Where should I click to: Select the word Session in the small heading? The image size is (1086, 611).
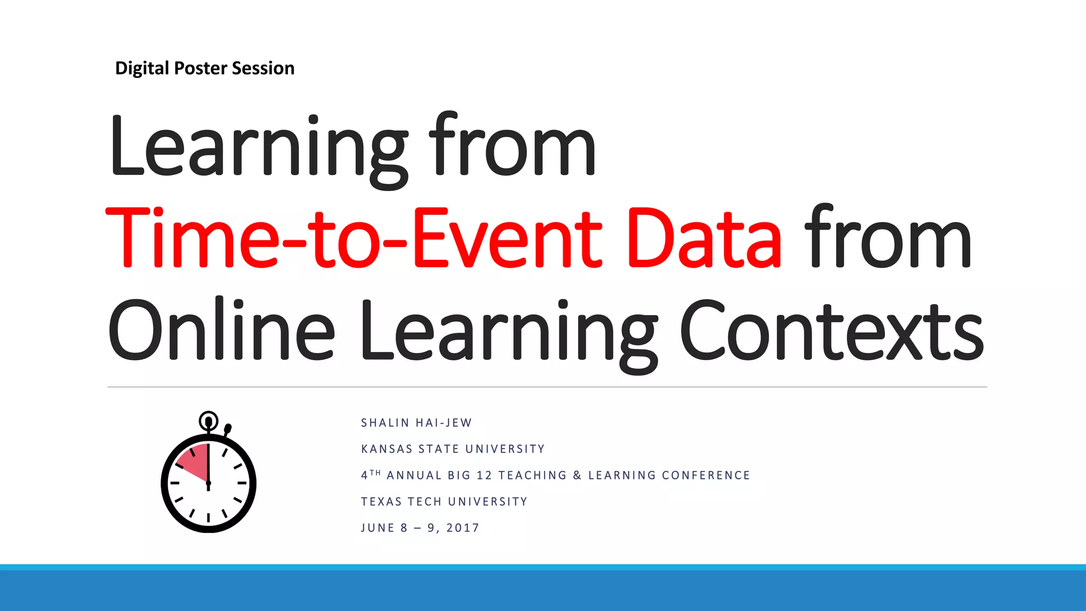[x=263, y=68]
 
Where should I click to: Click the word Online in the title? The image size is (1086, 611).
[x=221, y=330]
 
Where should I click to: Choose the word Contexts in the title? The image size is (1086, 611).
[x=831, y=330]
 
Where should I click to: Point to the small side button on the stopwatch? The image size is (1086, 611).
[x=228, y=428]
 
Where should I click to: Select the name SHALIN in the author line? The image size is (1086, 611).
[x=385, y=423]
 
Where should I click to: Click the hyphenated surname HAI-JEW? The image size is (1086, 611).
[x=444, y=423]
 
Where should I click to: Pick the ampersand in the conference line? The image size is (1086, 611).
[x=577, y=476]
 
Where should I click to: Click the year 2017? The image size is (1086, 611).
[x=463, y=528]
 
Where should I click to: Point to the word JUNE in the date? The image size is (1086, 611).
[x=378, y=528]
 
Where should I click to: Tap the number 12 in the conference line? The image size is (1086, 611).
[x=484, y=476]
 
